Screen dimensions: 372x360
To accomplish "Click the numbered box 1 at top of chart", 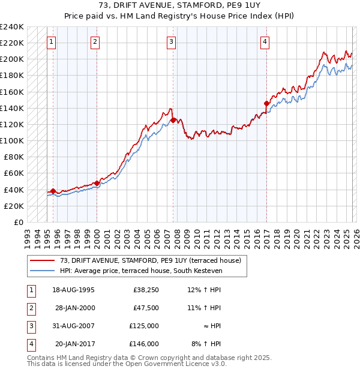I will click(x=52, y=41).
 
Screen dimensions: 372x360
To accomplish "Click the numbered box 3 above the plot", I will click(x=172, y=41).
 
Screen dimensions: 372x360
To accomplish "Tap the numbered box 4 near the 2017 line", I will click(x=265, y=41).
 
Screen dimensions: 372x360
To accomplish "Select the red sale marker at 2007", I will click(x=173, y=120).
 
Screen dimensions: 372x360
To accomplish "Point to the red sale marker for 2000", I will click(x=97, y=183).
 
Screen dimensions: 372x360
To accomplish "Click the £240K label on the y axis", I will click(x=12, y=27).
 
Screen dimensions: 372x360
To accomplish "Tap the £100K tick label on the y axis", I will click(x=12, y=140).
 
